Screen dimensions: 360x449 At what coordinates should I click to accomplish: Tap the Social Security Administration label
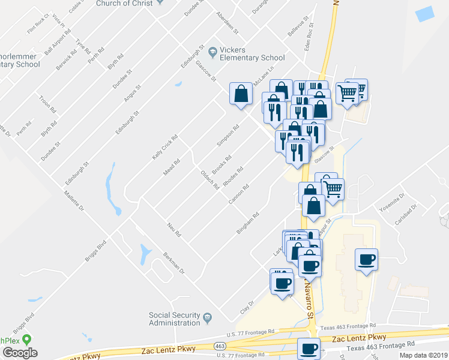174,319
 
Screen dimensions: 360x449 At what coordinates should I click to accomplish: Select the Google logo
20,353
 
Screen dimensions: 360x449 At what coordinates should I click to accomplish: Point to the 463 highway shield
220,346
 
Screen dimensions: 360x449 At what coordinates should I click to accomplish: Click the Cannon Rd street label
239,194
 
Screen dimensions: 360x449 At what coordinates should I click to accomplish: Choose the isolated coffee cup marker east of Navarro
367,260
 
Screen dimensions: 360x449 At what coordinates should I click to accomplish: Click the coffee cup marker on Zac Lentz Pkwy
309,348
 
